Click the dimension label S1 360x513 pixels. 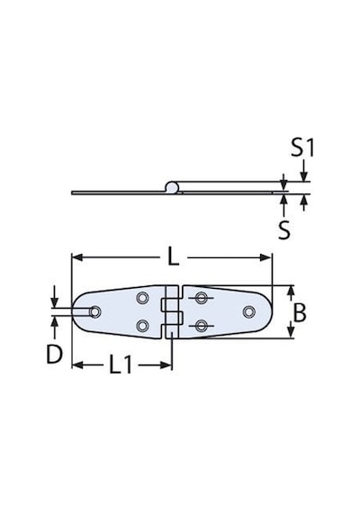coord(302,148)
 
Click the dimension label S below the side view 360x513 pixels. coord(283,229)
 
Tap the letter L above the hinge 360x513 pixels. coord(173,257)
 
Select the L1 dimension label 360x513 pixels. coord(120,364)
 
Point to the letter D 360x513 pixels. coord(54,355)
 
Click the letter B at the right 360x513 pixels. coord(299,312)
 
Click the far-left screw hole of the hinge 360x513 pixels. coord(94,311)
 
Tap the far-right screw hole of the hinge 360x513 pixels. coord(248,311)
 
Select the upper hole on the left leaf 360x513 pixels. coord(141,298)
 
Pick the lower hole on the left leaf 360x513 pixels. coord(141,326)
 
